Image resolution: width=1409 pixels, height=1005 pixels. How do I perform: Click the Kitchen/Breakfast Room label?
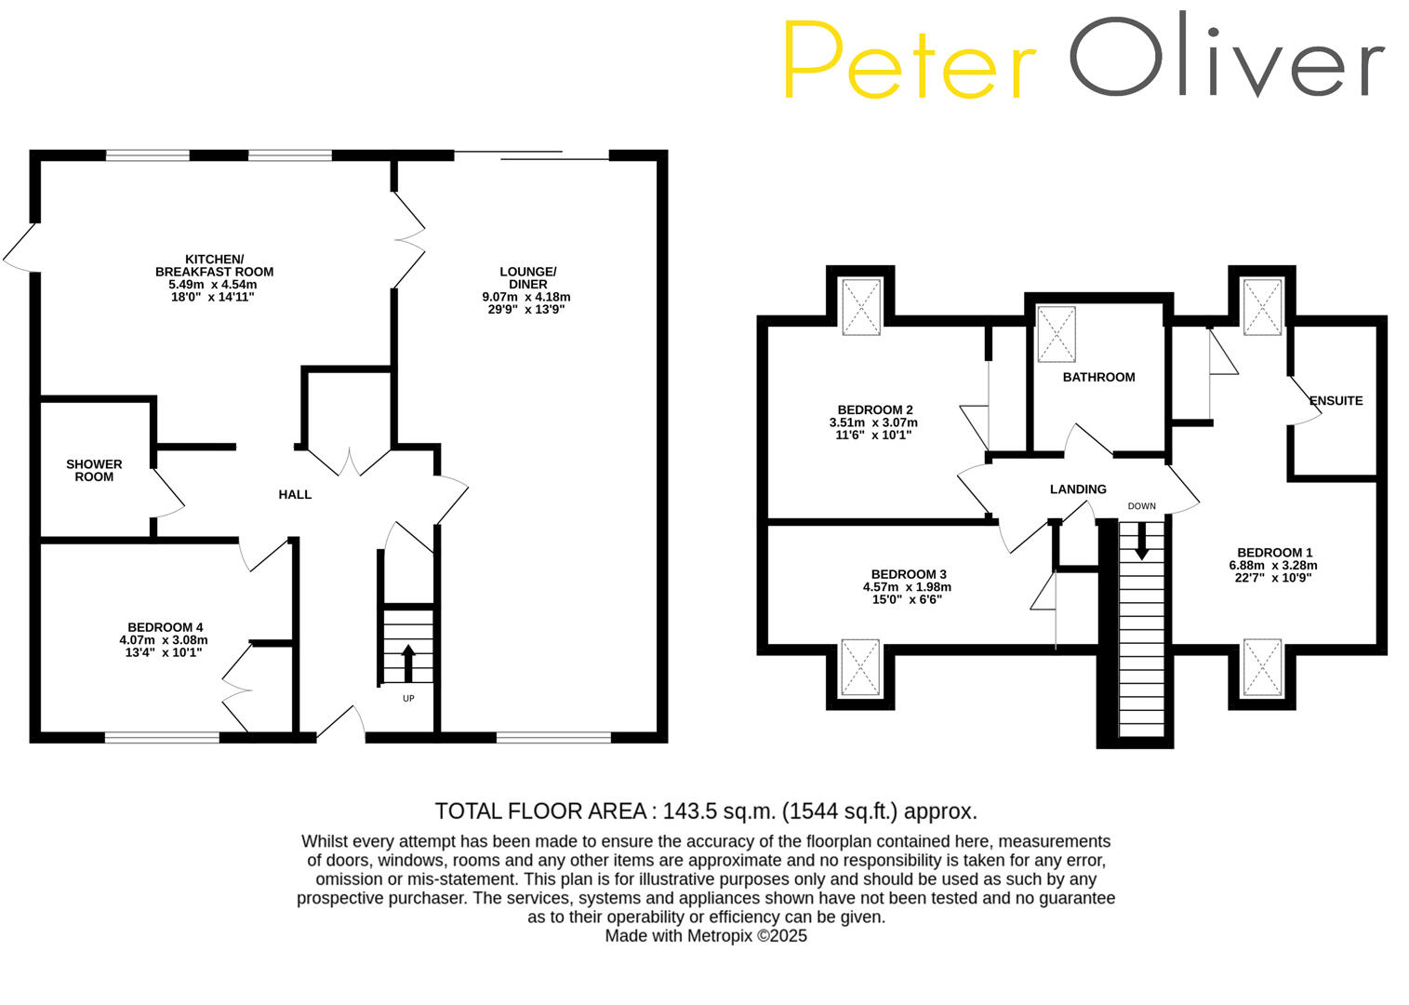[x=214, y=265]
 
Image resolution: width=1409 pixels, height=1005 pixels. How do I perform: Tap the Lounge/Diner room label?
[x=526, y=278]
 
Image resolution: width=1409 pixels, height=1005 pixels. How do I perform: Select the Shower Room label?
[x=94, y=470]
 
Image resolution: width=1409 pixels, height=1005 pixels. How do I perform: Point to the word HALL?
[x=295, y=494]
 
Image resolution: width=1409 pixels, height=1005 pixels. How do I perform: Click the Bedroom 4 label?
[x=165, y=627]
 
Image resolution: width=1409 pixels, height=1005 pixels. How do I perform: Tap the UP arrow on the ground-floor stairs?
[x=407, y=663]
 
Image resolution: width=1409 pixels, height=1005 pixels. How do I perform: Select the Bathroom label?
[x=1098, y=377]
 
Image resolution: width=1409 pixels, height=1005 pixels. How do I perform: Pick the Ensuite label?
[x=1336, y=401]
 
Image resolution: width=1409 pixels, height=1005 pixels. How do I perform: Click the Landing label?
[x=1078, y=489]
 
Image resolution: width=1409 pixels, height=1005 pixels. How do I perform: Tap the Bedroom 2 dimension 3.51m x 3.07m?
[x=872, y=422]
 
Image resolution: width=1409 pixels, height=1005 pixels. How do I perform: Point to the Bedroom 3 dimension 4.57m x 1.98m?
[x=907, y=587]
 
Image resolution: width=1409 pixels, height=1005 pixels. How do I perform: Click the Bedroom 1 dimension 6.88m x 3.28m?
[x=1272, y=565]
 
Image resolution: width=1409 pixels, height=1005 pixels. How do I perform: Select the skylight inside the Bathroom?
[x=1056, y=334]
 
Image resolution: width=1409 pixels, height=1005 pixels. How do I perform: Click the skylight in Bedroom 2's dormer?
[x=860, y=306]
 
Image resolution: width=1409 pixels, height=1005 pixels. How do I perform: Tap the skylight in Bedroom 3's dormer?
[x=859, y=666]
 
